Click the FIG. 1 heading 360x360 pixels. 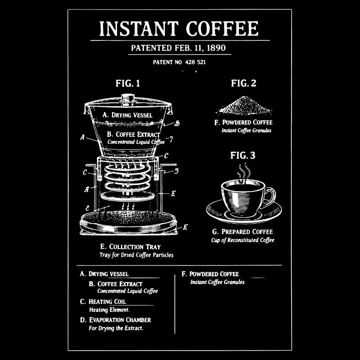point(128,83)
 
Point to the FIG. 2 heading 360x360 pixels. point(243,83)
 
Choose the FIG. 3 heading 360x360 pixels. point(243,156)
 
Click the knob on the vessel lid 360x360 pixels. point(128,97)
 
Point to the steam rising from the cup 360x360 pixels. point(244,172)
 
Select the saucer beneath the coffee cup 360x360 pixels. point(244,211)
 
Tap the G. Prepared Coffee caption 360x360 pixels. point(243,232)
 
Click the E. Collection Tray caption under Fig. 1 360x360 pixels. point(130,247)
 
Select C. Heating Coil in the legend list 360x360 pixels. point(103,301)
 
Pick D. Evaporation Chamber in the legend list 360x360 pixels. point(115,320)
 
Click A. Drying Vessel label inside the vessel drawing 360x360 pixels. point(127,115)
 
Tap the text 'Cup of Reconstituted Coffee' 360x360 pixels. point(243,240)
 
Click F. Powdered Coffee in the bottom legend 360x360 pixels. point(210,274)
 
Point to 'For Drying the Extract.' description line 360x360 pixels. point(116,328)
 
